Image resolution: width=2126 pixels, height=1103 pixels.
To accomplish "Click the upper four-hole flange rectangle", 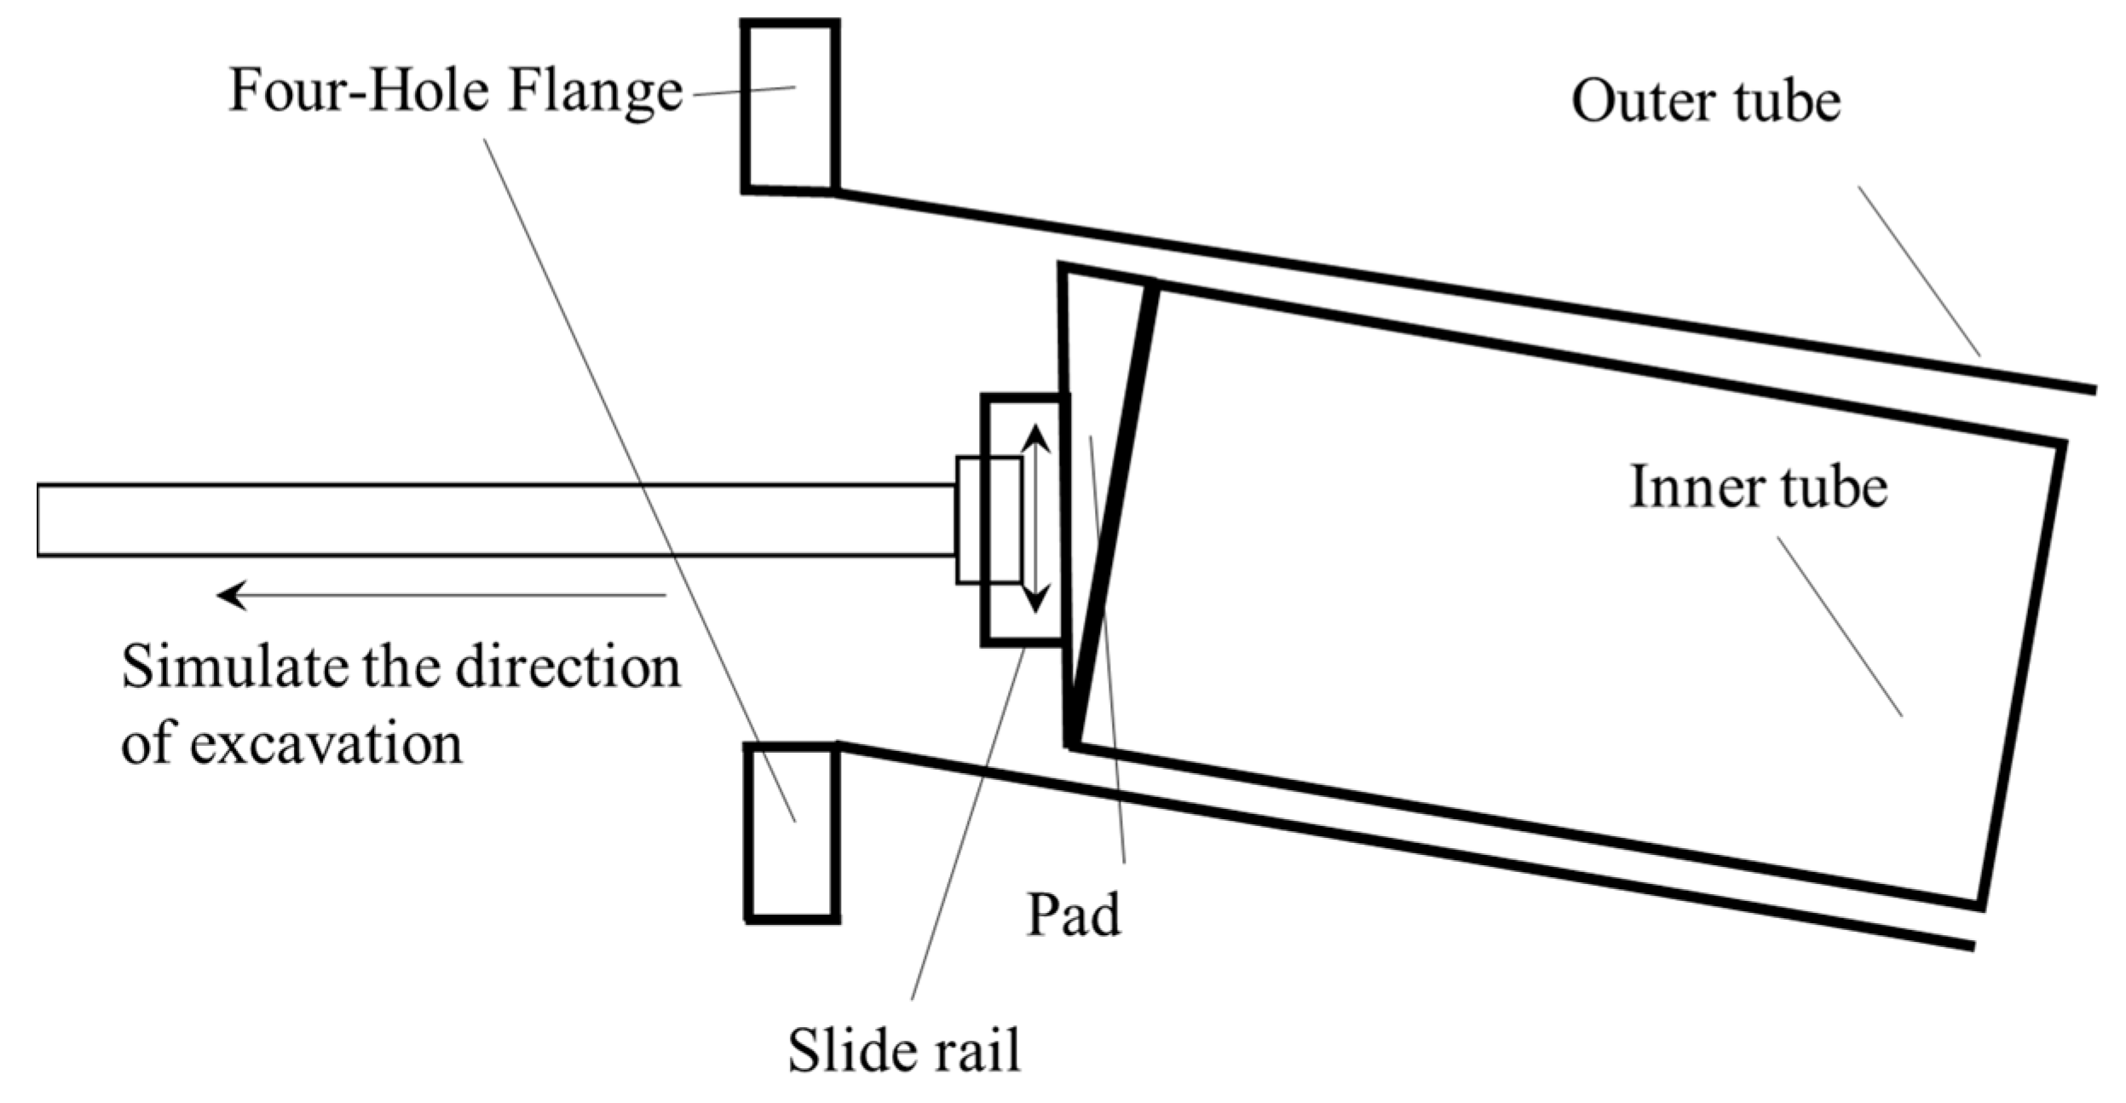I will pyautogui.click(x=790, y=107).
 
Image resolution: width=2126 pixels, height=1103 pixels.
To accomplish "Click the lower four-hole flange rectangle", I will pyautogui.click(x=792, y=831).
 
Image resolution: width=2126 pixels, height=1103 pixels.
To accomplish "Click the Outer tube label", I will pyautogui.click(x=1705, y=102).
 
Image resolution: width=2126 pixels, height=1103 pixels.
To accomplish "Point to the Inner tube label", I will pyautogui.click(x=1758, y=488).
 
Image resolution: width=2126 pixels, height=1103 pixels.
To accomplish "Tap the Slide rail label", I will pyautogui.click(x=903, y=1050).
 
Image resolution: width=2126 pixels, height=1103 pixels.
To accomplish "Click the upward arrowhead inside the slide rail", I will pyautogui.click(x=1034, y=436).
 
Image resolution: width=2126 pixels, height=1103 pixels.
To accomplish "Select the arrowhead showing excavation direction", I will pyautogui.click(x=232, y=594).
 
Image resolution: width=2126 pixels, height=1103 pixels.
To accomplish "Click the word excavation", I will pyautogui.click(x=326, y=744).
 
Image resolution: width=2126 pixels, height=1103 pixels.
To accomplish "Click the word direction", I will pyautogui.click(x=568, y=667).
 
